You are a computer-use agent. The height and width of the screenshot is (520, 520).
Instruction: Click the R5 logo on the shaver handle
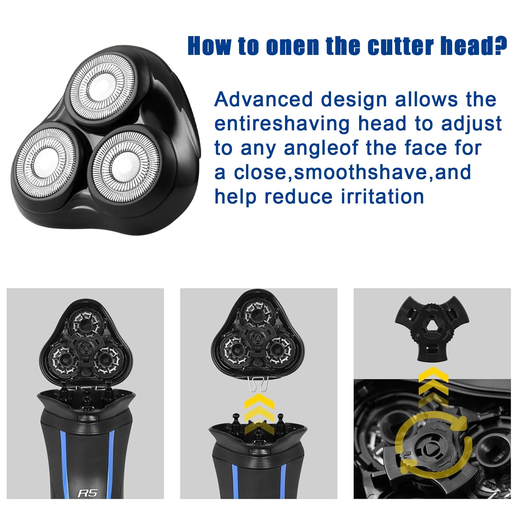click(87, 493)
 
